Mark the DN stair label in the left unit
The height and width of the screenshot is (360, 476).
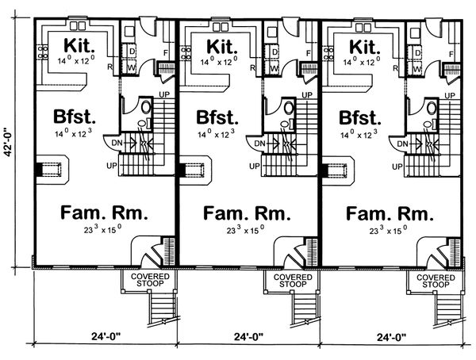(117, 143)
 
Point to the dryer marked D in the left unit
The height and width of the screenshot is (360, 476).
(130, 52)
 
